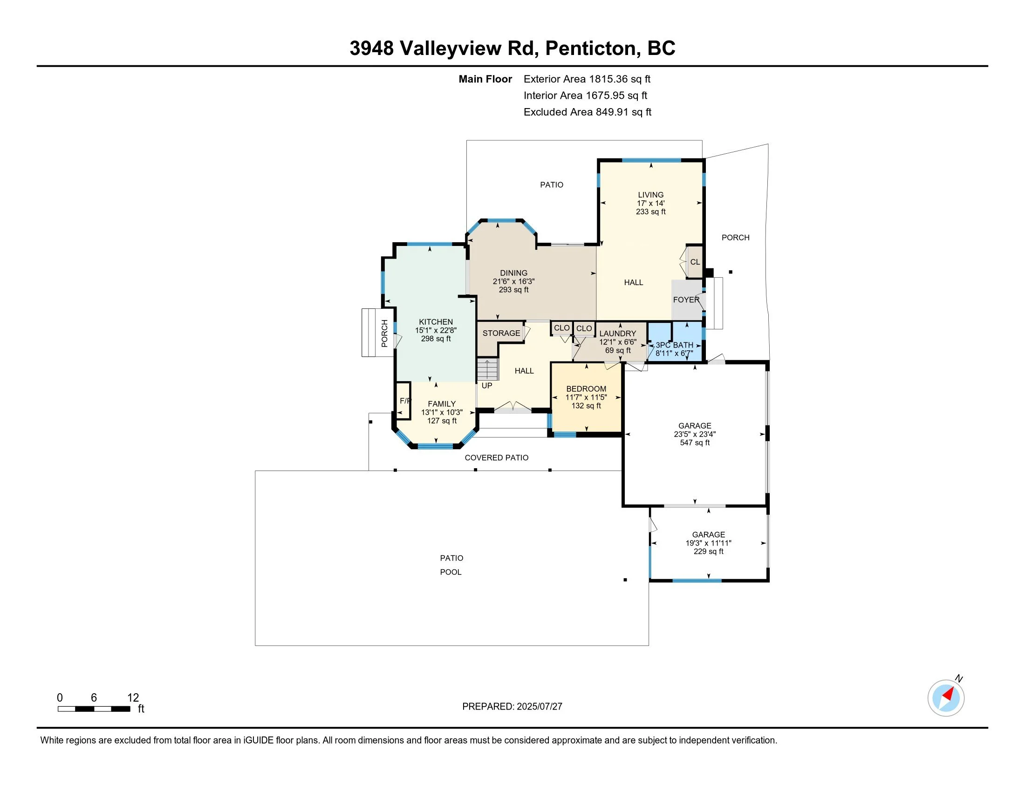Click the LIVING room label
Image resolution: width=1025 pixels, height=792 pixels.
[650, 195]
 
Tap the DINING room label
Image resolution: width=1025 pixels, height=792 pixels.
[513, 273]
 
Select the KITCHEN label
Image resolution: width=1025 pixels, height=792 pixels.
[436, 322]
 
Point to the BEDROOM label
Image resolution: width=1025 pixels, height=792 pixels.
[586, 389]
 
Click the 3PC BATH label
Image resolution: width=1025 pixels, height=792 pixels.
[675, 345]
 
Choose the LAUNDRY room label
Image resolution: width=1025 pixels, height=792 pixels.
[618, 334]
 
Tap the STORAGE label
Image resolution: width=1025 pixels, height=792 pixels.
[501, 333]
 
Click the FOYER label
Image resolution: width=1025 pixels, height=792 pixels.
[686, 300]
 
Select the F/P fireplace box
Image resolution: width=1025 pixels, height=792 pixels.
[403, 400]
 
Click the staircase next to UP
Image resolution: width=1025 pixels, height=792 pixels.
[488, 369]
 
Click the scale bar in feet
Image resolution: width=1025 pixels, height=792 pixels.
[94, 709]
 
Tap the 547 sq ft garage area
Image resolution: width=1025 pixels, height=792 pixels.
[695, 443]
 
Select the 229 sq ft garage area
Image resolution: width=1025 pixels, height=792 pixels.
[708, 552]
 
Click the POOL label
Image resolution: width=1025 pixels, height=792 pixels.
[451, 573]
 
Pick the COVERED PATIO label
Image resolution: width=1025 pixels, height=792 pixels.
[497, 458]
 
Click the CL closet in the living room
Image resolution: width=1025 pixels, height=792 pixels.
[695, 262]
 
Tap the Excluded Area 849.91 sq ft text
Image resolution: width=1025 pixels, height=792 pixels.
[588, 112]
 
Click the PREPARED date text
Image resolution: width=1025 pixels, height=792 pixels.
[512, 707]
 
